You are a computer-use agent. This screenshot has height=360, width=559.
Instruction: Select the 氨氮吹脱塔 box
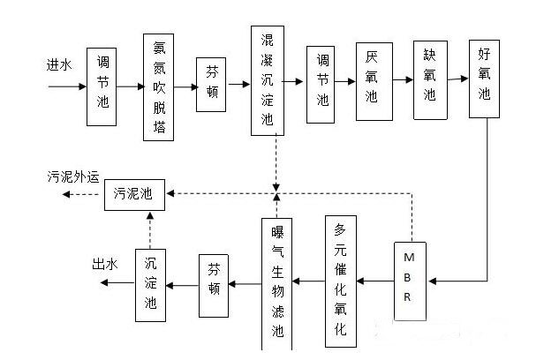point(158,86)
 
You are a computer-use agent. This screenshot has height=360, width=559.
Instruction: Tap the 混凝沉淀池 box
point(267,80)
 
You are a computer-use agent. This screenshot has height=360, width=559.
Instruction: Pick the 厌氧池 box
point(372,82)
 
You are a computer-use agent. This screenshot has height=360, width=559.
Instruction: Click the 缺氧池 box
point(429,80)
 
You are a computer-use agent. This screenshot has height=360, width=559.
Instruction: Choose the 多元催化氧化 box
point(341,281)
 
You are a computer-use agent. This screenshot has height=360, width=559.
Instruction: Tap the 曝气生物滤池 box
point(278,281)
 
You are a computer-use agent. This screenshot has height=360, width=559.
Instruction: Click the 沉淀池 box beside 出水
point(151,283)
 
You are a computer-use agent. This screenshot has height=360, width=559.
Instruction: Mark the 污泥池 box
point(134,193)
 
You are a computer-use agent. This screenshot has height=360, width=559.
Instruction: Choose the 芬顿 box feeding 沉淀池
point(215,283)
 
